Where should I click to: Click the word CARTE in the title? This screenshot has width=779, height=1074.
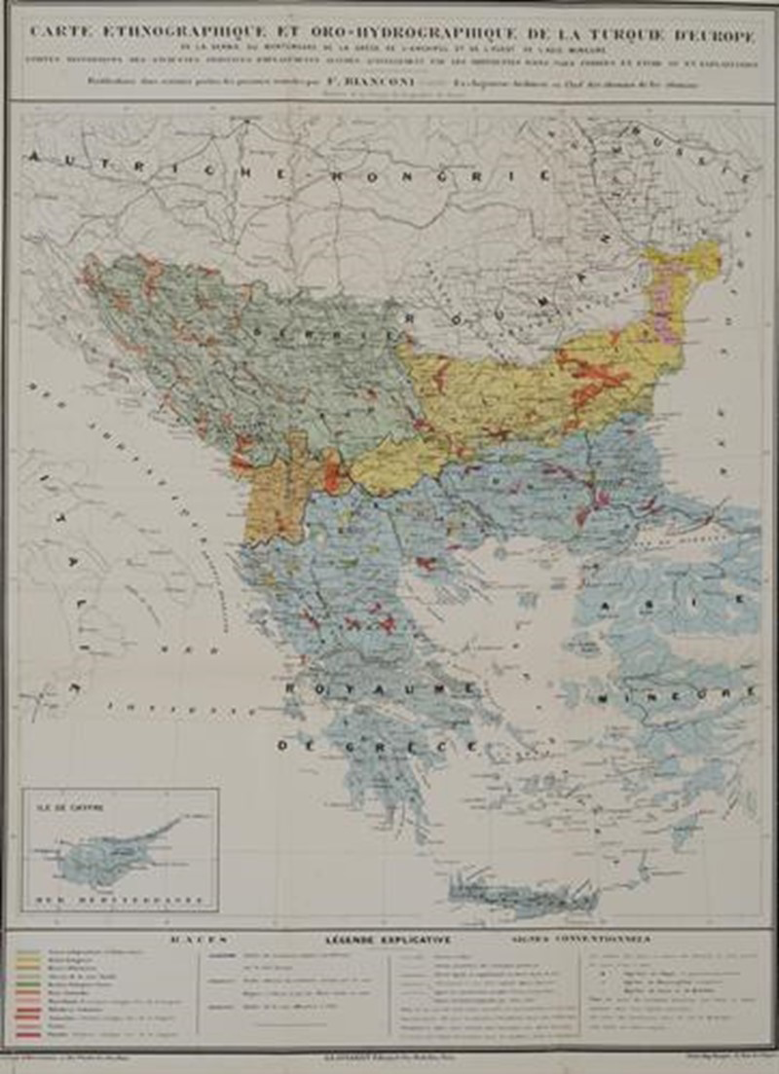click(x=61, y=31)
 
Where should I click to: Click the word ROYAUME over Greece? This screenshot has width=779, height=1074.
click(x=384, y=689)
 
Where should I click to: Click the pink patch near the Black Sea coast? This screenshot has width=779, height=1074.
click(x=667, y=292)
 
